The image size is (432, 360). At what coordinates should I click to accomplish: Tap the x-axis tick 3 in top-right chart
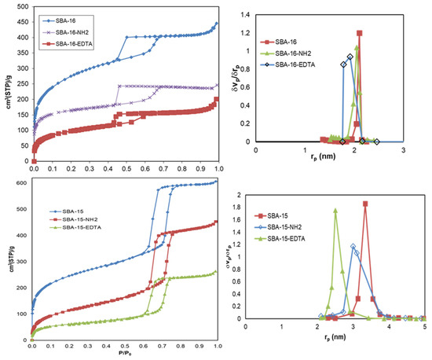click(x=403, y=149)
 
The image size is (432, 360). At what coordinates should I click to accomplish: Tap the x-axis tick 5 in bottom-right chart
click(x=424, y=325)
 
